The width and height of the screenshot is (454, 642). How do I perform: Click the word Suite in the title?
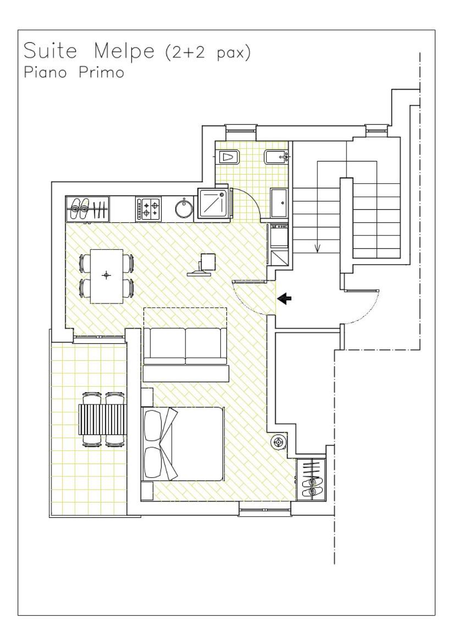(51, 51)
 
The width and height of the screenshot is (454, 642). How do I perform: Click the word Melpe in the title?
(124, 51)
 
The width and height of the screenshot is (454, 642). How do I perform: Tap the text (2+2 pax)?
(207, 53)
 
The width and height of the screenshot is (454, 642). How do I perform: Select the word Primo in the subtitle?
(101, 72)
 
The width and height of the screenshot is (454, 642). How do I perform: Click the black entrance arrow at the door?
(284, 299)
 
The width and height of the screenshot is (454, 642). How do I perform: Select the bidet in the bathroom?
(276, 157)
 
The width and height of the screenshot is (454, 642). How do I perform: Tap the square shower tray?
(214, 203)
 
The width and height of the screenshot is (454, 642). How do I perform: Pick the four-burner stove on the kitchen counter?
(148, 208)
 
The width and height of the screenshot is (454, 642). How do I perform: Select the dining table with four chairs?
(107, 276)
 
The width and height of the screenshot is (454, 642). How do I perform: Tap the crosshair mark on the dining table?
(107, 275)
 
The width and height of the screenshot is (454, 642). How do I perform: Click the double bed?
(182, 444)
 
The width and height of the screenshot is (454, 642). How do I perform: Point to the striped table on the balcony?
(102, 420)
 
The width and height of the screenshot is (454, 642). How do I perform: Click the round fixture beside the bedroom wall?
(278, 442)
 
